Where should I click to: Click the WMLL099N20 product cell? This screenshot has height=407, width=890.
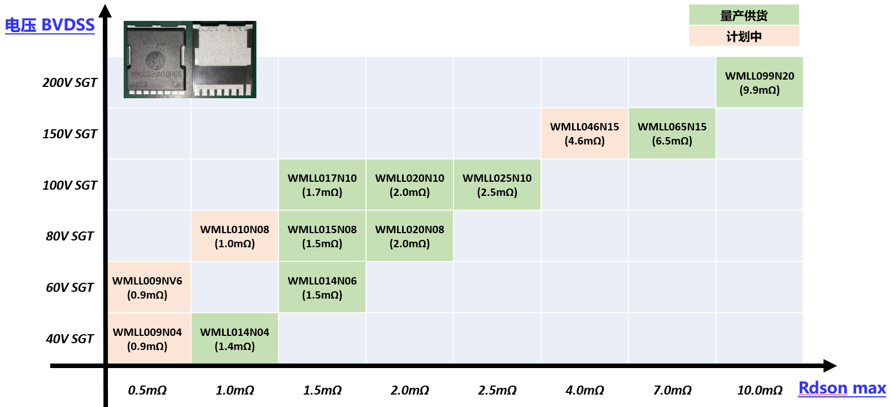coord(760,82)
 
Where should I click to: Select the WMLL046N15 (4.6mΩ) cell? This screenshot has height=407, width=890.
coord(584,134)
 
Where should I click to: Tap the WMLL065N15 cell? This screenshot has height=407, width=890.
coord(672,134)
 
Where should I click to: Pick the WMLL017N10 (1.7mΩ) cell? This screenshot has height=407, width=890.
coord(322,185)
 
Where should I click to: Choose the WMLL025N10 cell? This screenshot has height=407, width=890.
coord(497,185)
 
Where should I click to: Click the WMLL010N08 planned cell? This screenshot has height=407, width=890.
coord(234,236)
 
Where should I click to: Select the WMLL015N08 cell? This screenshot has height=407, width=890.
coord(322,236)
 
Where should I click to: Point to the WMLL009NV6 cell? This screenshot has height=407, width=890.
coord(147,287)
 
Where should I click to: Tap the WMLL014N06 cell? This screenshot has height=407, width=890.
coord(322,287)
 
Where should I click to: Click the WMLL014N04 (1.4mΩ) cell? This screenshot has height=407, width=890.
coord(234,339)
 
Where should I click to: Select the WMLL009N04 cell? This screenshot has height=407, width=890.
coord(147,339)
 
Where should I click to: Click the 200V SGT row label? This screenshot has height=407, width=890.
coord(69,83)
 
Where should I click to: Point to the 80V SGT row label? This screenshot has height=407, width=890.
coord(69,237)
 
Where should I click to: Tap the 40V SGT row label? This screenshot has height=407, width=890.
coord(69,339)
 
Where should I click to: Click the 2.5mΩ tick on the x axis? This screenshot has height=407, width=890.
coord(497,391)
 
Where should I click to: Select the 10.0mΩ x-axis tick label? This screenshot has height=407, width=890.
coord(760,391)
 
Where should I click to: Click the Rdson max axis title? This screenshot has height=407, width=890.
coord(842,388)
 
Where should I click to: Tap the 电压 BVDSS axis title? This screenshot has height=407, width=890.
coord(50,25)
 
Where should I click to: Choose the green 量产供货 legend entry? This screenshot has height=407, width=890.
coord(744,15)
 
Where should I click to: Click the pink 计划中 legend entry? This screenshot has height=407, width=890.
coord(744,37)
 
